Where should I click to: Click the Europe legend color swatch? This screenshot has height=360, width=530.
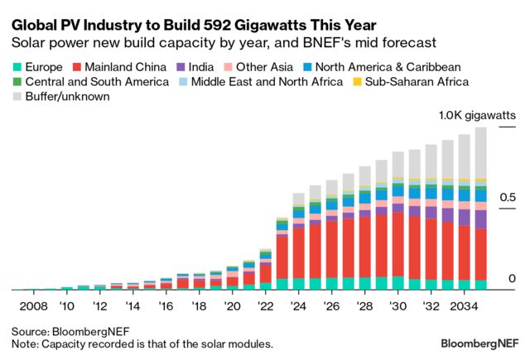[x=17, y=66]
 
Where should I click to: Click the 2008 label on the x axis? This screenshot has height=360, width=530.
[x=35, y=306]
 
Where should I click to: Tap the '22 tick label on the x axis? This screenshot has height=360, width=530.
[x=266, y=306]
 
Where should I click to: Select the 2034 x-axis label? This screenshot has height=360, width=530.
[x=465, y=306]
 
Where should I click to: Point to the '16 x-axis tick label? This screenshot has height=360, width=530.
[x=166, y=306]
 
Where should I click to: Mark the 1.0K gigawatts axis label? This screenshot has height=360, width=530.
[x=476, y=117]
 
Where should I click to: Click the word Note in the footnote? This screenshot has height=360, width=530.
[x=25, y=343]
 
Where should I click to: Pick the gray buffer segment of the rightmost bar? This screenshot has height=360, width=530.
[x=480, y=153]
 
